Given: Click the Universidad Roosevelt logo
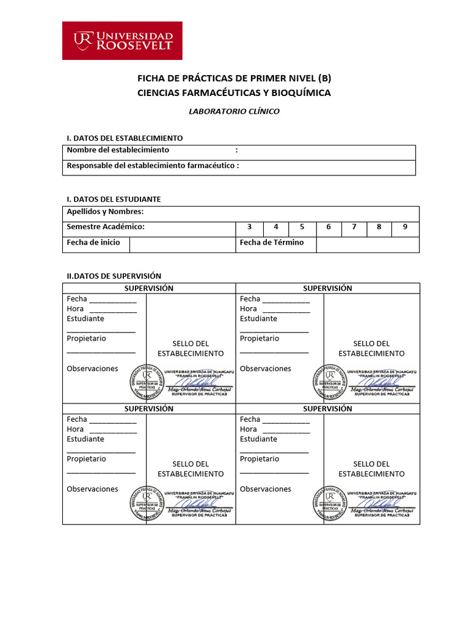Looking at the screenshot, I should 123,40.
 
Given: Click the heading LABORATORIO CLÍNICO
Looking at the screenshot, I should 234,111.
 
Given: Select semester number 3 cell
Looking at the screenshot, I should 249,227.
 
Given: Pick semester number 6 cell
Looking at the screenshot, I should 329,227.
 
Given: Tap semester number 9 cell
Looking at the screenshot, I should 404,227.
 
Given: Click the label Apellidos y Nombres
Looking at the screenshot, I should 105,212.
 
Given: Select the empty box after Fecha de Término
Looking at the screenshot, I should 367,244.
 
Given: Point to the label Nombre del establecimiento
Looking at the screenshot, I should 118,150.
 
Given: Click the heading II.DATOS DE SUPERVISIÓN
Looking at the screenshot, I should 114,276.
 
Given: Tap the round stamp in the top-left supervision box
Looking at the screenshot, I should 147,382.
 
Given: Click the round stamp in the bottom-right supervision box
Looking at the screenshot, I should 329,503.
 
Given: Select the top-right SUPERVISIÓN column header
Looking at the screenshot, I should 327,288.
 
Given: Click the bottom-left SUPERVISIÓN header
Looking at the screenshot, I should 149,408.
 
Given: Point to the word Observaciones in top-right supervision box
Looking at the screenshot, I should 265,369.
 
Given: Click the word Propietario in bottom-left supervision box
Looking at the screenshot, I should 86,458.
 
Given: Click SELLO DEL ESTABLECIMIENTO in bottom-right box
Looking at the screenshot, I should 371,469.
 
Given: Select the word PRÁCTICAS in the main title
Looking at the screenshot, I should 196,79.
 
